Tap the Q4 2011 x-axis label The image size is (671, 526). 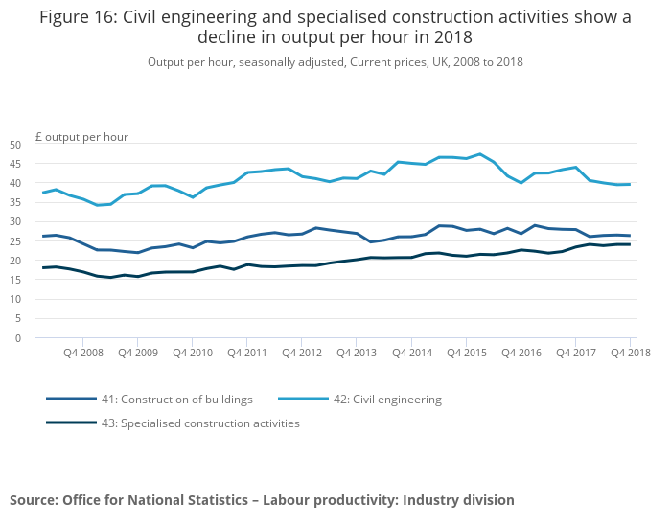point(247,353)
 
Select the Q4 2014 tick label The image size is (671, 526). point(411,353)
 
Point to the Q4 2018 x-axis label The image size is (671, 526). point(630,353)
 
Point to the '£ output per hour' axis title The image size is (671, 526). point(81,137)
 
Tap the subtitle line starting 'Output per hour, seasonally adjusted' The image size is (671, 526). point(335,62)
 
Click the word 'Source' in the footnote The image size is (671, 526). point(34,500)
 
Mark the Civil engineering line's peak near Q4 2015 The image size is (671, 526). point(479,154)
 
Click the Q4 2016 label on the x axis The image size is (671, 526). point(521,353)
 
